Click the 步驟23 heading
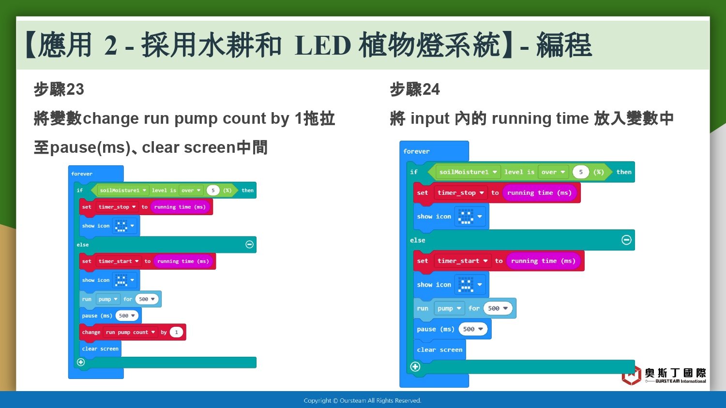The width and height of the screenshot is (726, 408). [59, 89]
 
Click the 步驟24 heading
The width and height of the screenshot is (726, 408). [414, 89]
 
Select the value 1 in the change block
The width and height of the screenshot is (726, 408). [176, 332]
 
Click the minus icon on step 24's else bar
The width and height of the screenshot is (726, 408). [626, 240]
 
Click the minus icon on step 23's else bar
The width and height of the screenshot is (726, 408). [249, 245]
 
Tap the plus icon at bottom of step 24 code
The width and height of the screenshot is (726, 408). [415, 367]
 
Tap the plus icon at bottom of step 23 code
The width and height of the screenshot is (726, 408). [81, 363]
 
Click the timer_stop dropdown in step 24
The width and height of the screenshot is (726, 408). [461, 193]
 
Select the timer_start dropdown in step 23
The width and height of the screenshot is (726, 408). [118, 262]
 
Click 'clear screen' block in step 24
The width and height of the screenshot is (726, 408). [440, 350]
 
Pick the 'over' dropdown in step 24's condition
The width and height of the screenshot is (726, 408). [553, 172]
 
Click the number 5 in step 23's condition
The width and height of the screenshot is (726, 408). [213, 190]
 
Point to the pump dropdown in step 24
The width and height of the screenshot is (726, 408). [449, 308]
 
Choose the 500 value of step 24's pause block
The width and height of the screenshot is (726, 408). [473, 329]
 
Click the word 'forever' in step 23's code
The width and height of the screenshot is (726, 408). [82, 174]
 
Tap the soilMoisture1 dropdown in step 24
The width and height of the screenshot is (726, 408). [468, 172]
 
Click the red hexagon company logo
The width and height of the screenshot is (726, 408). [631, 376]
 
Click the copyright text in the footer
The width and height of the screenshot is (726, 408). [363, 401]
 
